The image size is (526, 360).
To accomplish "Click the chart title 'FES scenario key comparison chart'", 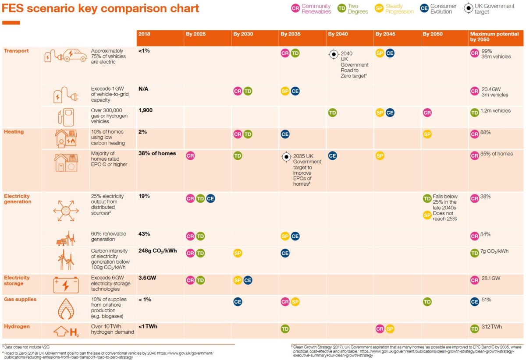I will click(x=101, y=8).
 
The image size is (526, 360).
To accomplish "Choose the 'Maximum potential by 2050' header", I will click(x=494, y=37).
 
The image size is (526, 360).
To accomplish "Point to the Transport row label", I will click(x=16, y=51).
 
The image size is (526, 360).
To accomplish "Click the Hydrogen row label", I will click(x=17, y=326).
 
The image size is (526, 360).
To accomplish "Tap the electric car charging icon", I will click(x=66, y=56).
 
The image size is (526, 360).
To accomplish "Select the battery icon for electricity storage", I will click(x=66, y=285).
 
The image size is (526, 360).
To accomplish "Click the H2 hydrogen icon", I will click(x=66, y=332).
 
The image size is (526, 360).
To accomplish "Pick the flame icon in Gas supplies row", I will click(x=66, y=309).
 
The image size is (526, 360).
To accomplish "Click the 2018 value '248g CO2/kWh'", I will click(x=157, y=251).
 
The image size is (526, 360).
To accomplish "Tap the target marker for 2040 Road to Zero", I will click(x=333, y=55).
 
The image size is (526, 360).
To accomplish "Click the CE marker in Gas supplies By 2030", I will click(x=238, y=301).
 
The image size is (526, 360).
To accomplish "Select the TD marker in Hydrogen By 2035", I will click(x=285, y=328).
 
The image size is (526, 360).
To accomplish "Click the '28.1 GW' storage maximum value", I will click(x=494, y=279).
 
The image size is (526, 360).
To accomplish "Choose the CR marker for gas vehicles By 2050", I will click(x=427, y=113).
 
